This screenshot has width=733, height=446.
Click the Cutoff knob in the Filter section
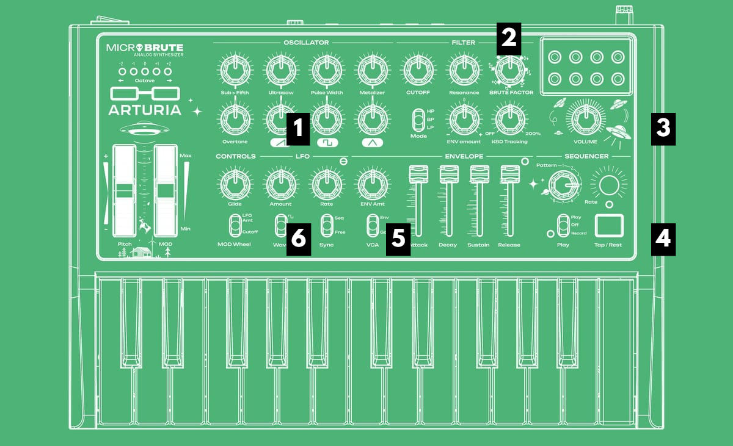[418, 70]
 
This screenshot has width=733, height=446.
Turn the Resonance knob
[464, 70]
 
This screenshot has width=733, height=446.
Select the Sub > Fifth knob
[235, 70]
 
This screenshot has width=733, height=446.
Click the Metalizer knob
[371, 70]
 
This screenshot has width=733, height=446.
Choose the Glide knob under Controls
[235, 183]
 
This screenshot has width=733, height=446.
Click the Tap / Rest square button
[608, 226]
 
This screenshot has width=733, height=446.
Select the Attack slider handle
[418, 174]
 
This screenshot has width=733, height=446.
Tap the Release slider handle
[509, 174]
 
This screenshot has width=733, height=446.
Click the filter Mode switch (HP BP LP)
[419, 120]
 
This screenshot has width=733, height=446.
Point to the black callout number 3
[663, 129]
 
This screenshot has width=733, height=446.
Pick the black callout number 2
[509, 37]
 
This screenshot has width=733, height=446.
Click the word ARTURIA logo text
[145, 110]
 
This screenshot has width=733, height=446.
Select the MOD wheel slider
[166, 190]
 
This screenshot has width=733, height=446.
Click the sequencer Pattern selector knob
[562, 184]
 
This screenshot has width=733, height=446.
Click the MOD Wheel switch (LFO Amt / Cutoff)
[235, 225]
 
